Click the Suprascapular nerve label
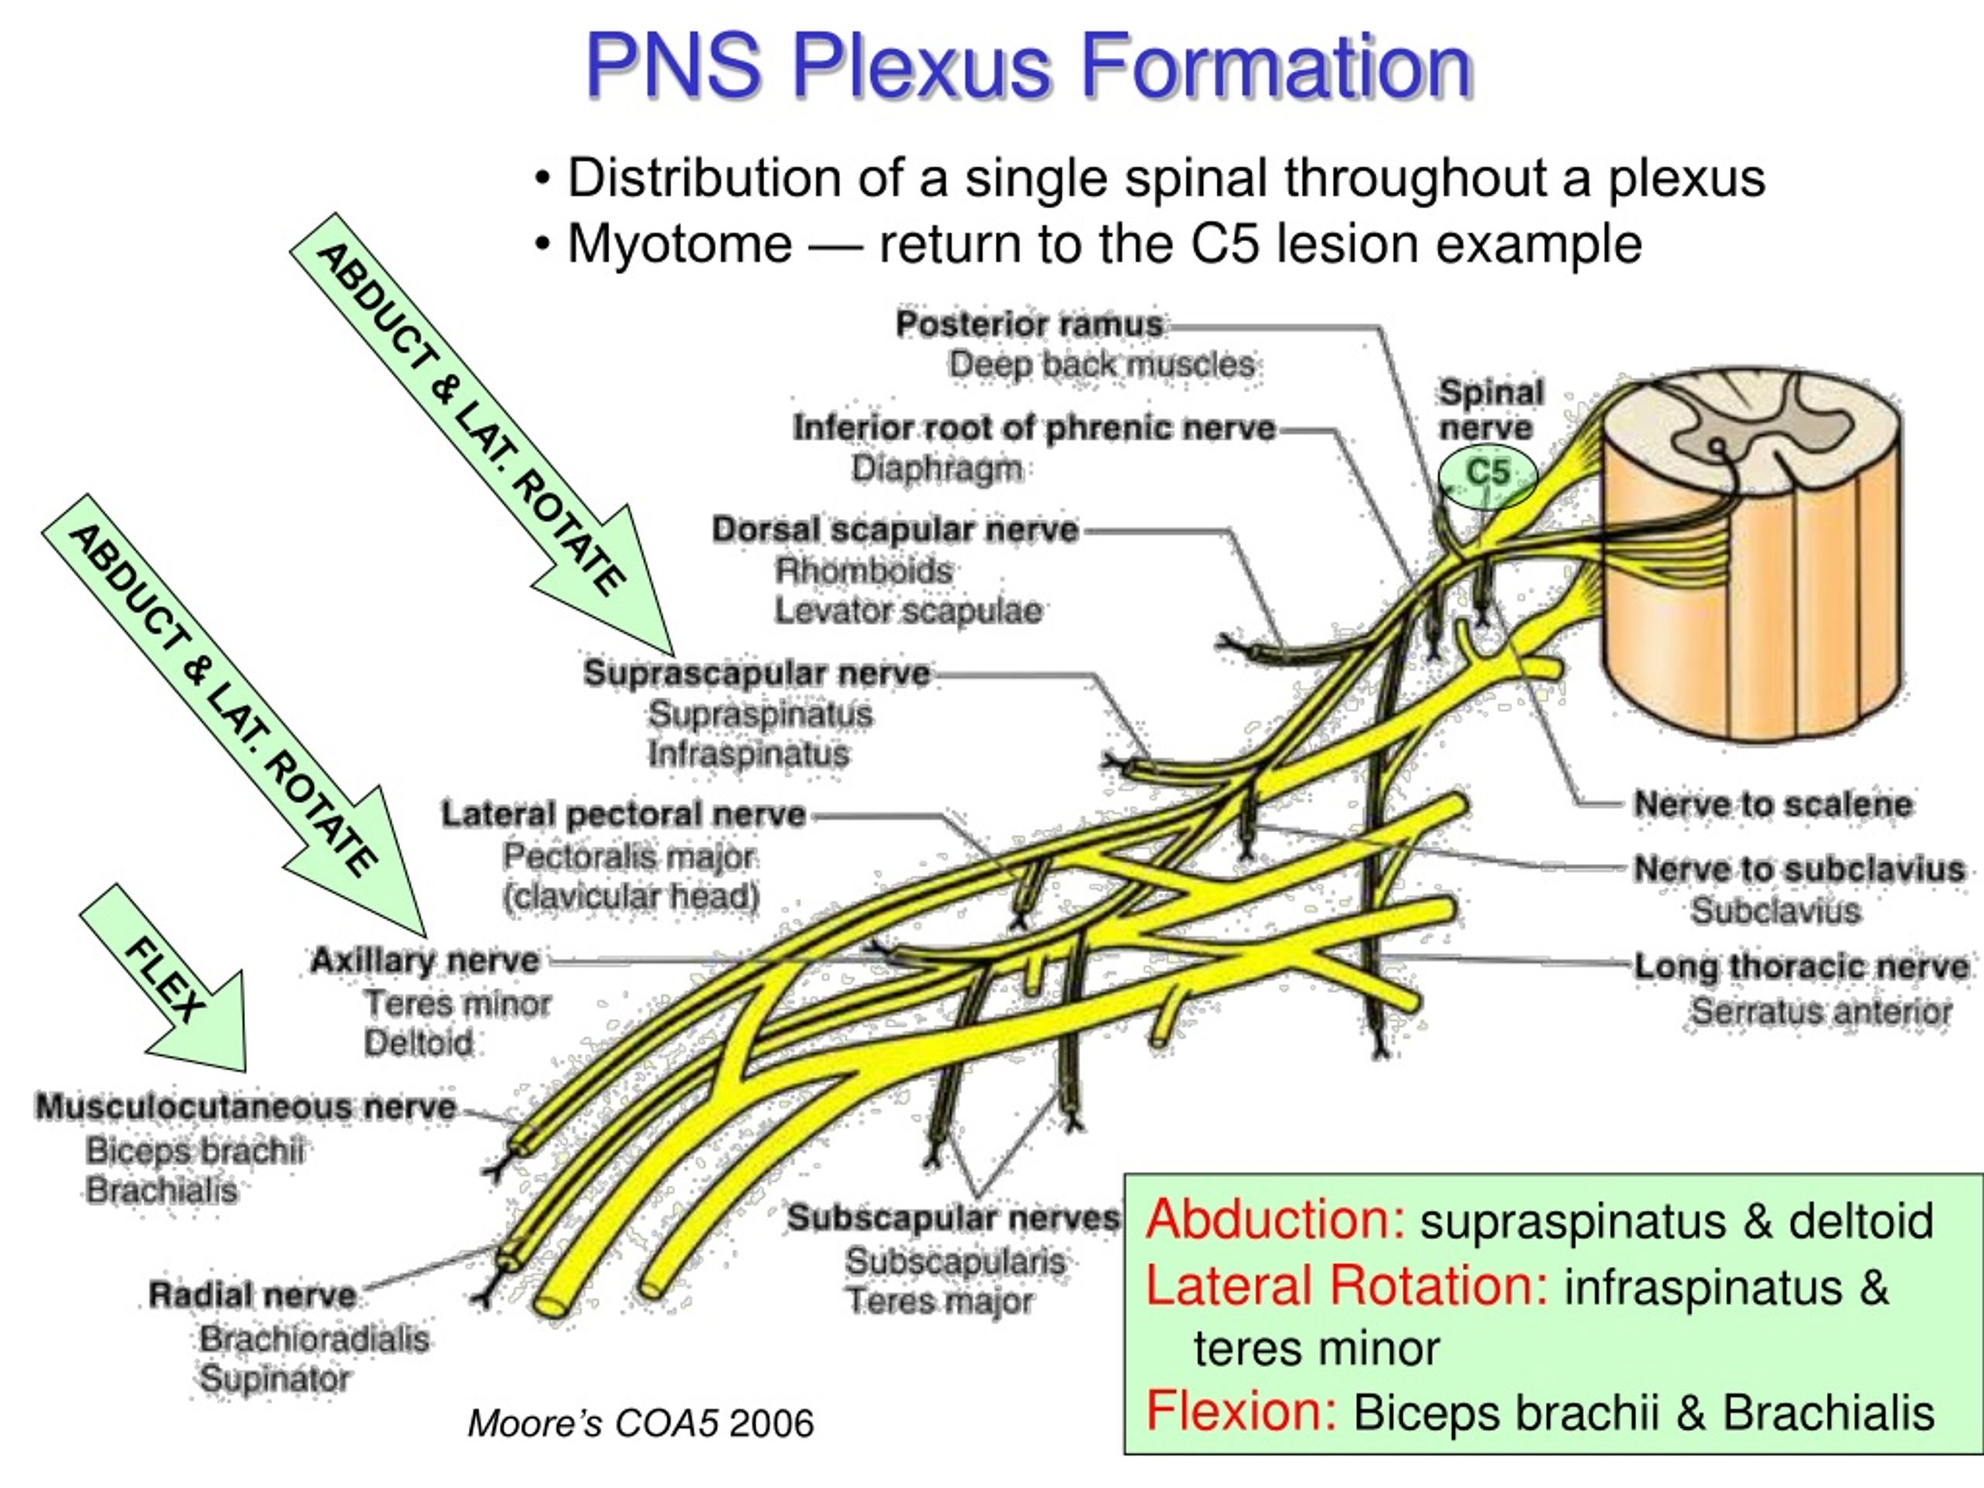coord(757,673)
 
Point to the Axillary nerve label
coord(424,960)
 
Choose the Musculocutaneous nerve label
coord(245,1106)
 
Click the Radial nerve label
coord(252,1294)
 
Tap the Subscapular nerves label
coord(953,1217)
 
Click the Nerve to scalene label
coord(1772,804)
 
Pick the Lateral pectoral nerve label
coord(623,815)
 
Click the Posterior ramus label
coord(1028,324)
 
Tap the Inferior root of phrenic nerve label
coord(1034,428)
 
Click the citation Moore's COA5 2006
coord(640,1424)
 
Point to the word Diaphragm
coord(936,468)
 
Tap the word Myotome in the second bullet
coord(680,244)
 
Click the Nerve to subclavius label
coord(1798,869)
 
